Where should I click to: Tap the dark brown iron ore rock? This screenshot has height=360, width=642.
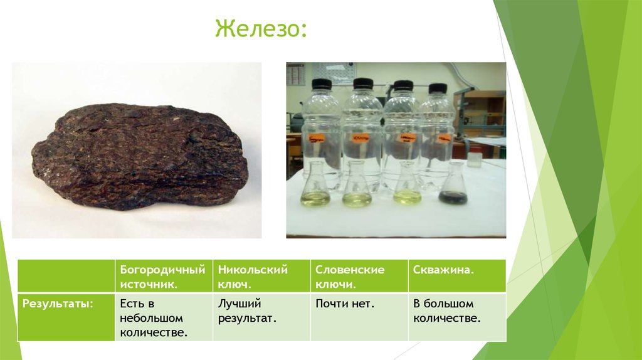pyautogui.click(x=139, y=156)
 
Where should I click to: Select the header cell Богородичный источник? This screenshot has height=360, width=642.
pyautogui.click(x=162, y=277)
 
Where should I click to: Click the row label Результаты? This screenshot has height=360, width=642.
pyautogui.click(x=58, y=304)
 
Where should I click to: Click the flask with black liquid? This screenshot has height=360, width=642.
pyautogui.click(x=453, y=188)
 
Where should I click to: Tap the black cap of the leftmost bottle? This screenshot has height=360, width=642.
pyautogui.click(x=322, y=84)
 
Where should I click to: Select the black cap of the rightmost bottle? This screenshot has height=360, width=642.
pyautogui.click(x=437, y=88)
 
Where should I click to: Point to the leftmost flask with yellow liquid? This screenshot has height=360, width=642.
pyautogui.click(x=315, y=190)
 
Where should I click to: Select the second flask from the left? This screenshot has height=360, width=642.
pyautogui.click(x=357, y=189)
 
